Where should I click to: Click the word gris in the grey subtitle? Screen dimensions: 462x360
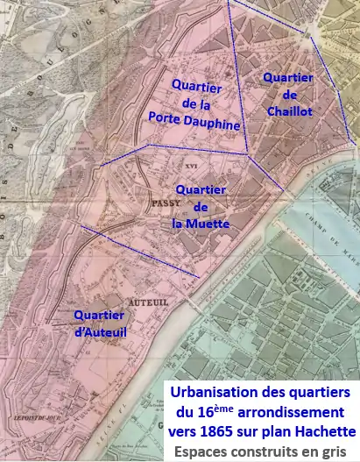337,452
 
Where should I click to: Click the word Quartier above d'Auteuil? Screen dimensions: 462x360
99,316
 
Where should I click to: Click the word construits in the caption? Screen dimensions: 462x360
265,451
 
